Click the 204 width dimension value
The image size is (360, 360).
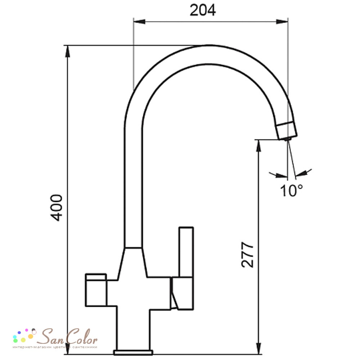tap(203, 10)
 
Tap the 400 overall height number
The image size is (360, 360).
tap(57, 208)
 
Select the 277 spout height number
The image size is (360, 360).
tap(248, 255)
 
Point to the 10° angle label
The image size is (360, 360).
tap(291, 190)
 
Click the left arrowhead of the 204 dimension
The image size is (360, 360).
tap(139, 22)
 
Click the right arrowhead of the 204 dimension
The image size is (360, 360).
tap(282, 22)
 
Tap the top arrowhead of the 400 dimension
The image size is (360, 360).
tap(68, 51)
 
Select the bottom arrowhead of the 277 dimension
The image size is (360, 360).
tap(259, 348)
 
